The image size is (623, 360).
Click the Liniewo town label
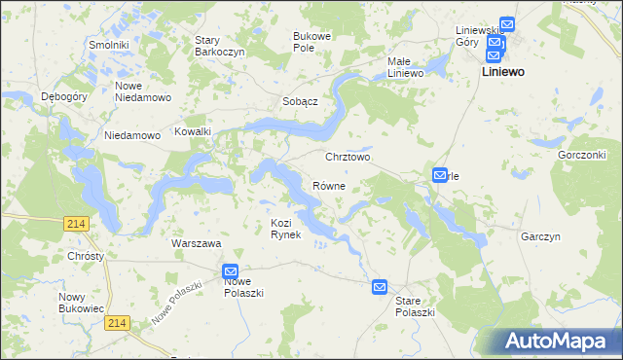pyautogui.click(x=504, y=73)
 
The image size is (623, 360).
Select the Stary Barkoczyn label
pyautogui.click(x=220, y=46)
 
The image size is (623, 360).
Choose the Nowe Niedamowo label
pyautogui.click(x=143, y=91)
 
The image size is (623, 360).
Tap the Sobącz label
pyautogui.click(x=301, y=101)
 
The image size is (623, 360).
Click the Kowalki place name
pyautogui.click(x=193, y=131)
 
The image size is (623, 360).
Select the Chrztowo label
pyautogui.click(x=348, y=157)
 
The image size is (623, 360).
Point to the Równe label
pyautogui.click(x=328, y=185)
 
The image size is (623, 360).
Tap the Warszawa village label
pyautogui.click(x=196, y=243)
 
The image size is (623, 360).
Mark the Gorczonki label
pyautogui.click(x=582, y=155)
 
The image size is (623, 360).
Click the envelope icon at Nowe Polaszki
pyautogui.click(x=230, y=271)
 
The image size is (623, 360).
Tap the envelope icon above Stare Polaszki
pyautogui.click(x=379, y=287)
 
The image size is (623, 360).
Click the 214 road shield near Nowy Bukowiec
pyautogui.click(x=118, y=322)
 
